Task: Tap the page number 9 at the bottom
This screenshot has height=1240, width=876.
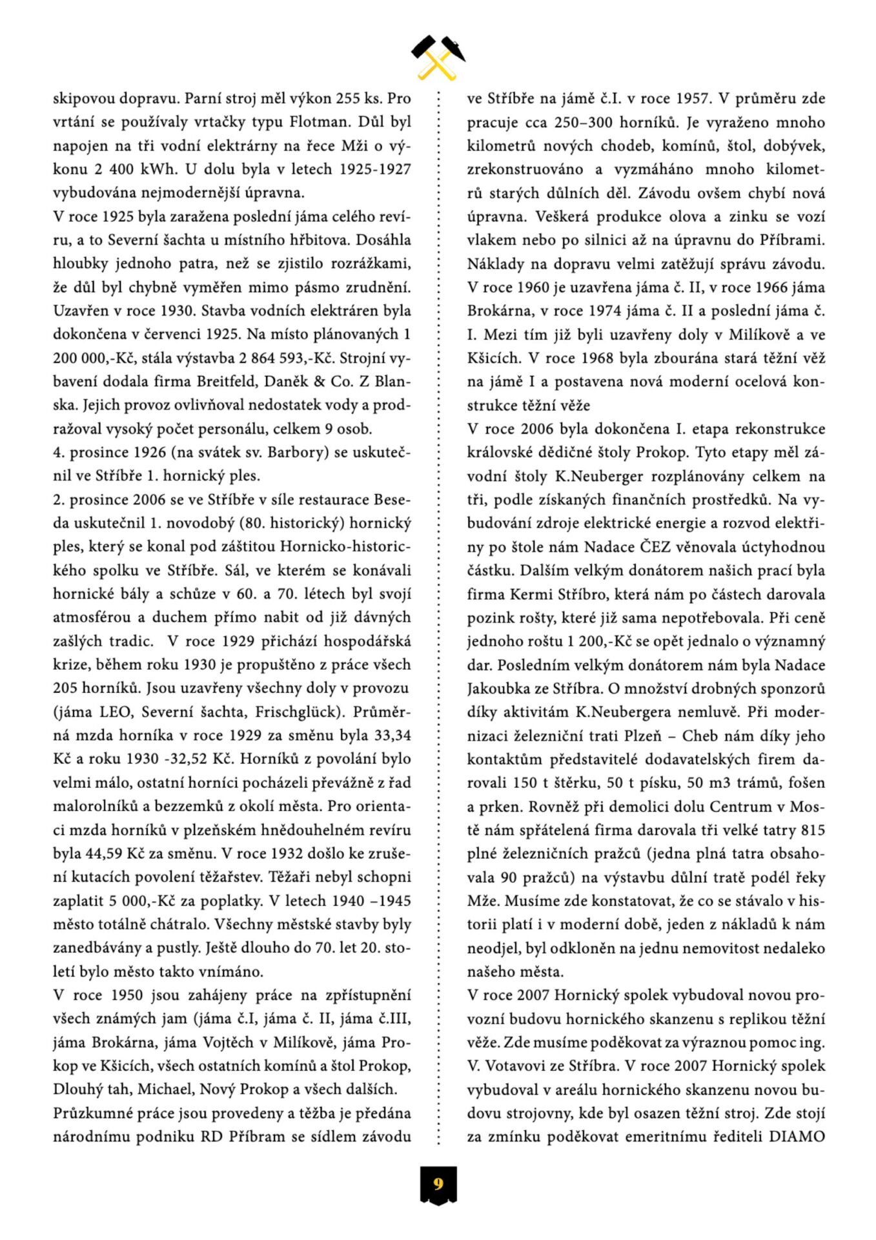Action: (438, 1184)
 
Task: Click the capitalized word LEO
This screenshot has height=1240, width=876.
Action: (115, 712)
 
